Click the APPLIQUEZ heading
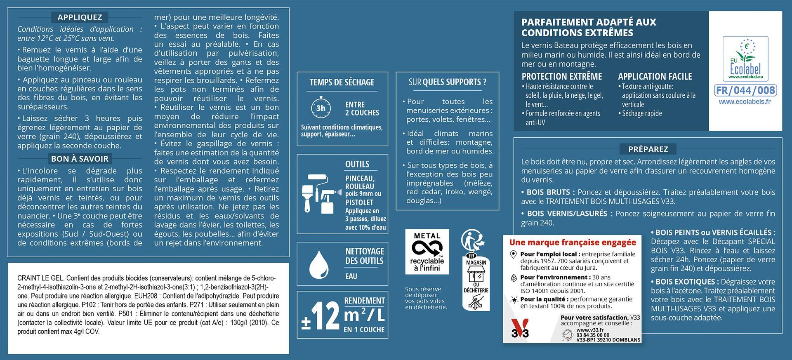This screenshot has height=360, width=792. pyautogui.click(x=80, y=17)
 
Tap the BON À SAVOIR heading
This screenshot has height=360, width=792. pyautogui.click(x=80, y=159)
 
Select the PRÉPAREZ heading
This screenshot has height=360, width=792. pyautogui.click(x=648, y=149)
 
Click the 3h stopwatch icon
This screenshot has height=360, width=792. pyautogui.click(x=321, y=108)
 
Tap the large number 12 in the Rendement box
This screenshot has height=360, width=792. pyautogui.click(x=325, y=316)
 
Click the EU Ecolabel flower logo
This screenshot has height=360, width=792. pyautogui.click(x=745, y=59)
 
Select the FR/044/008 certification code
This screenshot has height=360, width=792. pyautogui.click(x=745, y=90)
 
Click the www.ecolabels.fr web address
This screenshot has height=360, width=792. pyautogui.click(x=745, y=101)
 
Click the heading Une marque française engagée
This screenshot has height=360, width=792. pyautogui.click(x=573, y=242)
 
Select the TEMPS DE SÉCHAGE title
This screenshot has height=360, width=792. pyautogui.click(x=342, y=82)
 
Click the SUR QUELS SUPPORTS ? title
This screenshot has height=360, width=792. pyautogui.click(x=448, y=82)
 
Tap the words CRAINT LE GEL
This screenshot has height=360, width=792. pyautogui.click(x=40, y=278)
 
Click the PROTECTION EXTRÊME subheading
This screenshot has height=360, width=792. pyautogui.click(x=561, y=76)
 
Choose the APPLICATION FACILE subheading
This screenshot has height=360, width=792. pyautogui.click(x=655, y=76)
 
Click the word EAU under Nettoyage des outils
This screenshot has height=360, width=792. pyautogui.click(x=351, y=276)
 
